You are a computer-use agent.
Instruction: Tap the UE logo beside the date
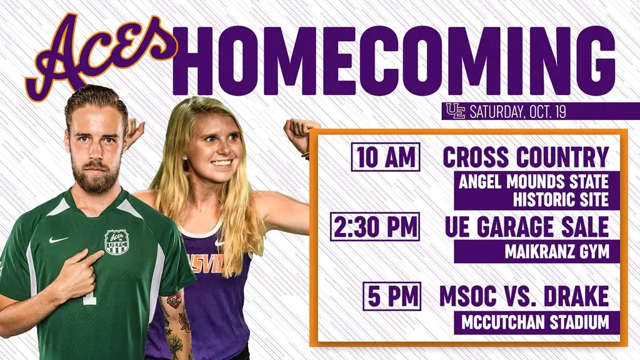click(x=455, y=111)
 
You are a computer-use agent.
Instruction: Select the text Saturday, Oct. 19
click(x=517, y=111)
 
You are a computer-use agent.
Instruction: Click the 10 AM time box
click(x=385, y=157)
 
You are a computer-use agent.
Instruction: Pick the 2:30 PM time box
click(x=375, y=226)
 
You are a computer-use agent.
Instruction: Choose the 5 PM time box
click(x=392, y=296)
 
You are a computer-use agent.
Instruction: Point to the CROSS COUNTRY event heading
click(x=526, y=157)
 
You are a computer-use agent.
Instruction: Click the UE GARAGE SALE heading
click(x=527, y=227)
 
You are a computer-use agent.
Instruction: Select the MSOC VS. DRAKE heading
click(x=524, y=296)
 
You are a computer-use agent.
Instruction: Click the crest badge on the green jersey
click(x=117, y=242)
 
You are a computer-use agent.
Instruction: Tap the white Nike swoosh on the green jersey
click(x=59, y=239)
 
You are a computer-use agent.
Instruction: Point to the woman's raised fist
click(x=301, y=132)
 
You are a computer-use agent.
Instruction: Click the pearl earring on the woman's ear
click(x=184, y=158)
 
